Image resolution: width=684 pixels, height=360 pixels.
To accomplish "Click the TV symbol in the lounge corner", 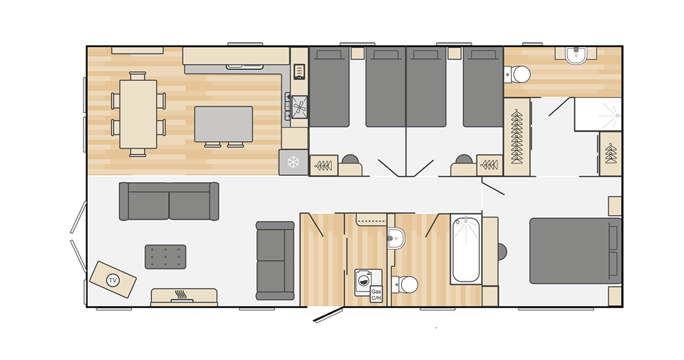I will point(112,279).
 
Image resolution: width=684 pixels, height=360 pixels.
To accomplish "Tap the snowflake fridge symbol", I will point(293,162).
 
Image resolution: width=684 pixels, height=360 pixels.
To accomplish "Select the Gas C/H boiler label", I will point(376,294).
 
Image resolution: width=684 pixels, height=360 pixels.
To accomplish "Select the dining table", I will point(138,114).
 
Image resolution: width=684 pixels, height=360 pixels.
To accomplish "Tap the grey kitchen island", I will point(223,124).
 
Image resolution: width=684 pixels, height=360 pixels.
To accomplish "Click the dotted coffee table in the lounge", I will point(166,256).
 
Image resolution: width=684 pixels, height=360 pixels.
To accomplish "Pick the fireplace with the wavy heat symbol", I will point(184,296).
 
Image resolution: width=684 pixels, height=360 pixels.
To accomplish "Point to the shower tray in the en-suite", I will point(598,114).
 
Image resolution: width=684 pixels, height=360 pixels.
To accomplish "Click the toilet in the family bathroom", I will point(407,284).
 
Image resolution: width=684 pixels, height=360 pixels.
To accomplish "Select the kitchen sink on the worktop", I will point(245,67).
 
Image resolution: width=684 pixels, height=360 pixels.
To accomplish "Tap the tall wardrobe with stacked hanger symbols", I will point(516,136).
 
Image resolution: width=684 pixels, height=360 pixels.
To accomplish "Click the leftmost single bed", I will point(330,86).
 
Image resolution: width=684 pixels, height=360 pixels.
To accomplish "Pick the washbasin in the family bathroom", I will point(396,237).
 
